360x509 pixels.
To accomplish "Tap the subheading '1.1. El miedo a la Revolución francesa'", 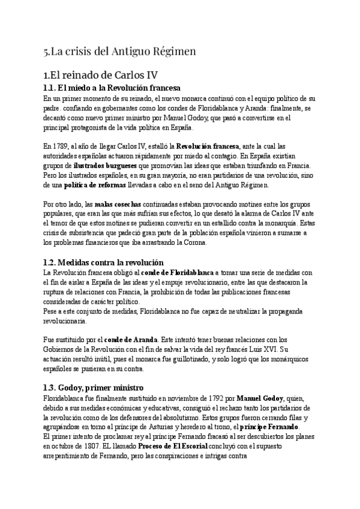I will coord(109,88).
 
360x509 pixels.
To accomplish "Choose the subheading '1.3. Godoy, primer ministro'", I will coord(94,388).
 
